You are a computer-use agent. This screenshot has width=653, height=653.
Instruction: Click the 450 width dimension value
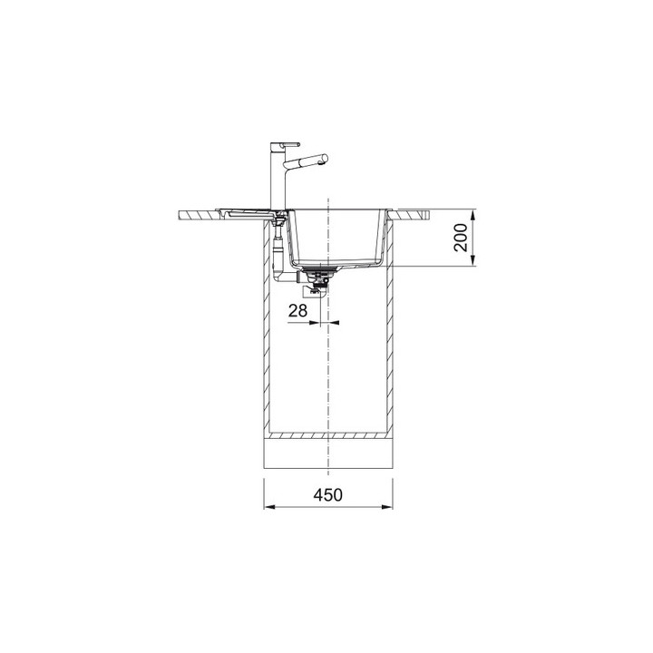click(x=328, y=495)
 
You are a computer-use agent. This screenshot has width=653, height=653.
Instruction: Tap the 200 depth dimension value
click(x=461, y=238)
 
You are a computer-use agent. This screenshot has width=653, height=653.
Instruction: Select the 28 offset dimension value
click(x=297, y=310)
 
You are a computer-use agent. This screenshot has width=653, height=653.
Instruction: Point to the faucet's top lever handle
click(x=286, y=145)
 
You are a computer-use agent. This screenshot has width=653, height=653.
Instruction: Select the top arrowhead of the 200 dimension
click(x=473, y=215)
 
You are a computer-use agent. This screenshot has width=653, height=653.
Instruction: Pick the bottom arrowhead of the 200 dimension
click(x=473, y=260)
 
